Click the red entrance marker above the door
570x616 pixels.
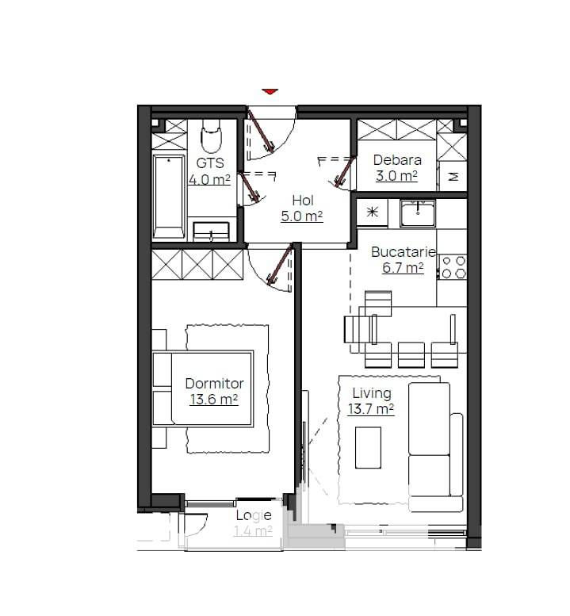270,91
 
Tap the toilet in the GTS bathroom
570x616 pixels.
212,136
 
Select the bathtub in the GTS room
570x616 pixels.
169,197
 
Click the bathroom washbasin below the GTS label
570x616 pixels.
211,231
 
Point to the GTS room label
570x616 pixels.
210,163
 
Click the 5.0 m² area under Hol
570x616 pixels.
302,216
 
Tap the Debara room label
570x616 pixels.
397,160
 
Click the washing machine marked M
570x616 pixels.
453,176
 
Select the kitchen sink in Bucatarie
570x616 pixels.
418,213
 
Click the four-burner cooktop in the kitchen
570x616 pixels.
453,267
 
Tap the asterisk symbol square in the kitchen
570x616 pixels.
372,212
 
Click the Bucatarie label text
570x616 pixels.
403,252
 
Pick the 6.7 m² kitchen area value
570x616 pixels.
403,268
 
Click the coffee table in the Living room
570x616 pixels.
368,448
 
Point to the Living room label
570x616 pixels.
372,393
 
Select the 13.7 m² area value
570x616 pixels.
371,409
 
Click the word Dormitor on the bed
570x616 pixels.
214,384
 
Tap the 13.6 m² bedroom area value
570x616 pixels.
214,400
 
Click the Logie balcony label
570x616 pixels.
254,515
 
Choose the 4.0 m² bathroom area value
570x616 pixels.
209,179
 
